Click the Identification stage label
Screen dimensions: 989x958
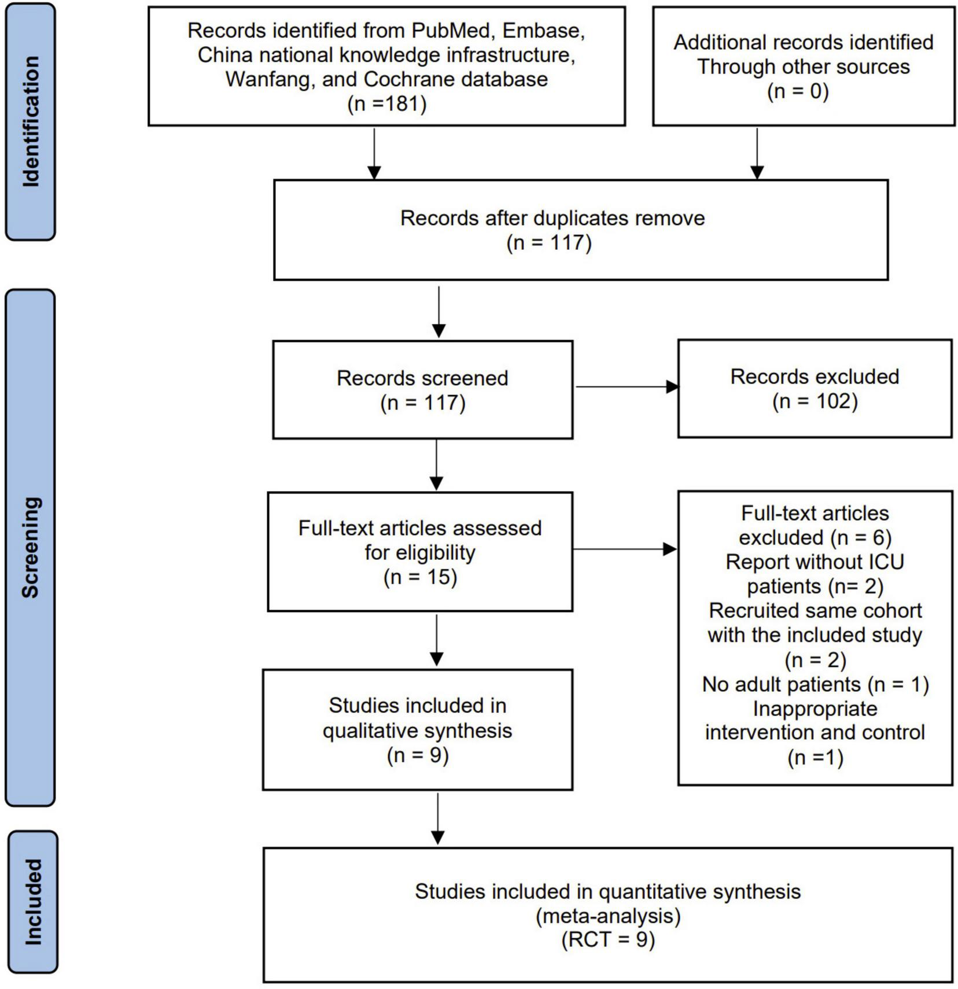pos(30,121)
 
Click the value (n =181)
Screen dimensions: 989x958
pos(386,104)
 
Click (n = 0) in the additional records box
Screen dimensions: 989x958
pos(798,91)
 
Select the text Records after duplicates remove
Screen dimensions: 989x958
pos(552,219)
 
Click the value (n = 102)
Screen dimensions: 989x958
pos(815,401)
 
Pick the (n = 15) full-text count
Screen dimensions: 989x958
pos(420,577)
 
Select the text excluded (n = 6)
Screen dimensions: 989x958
pos(815,538)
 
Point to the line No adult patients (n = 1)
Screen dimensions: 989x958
pos(815,684)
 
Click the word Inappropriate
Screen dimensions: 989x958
pos(815,708)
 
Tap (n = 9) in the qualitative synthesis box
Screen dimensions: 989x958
pos(418,755)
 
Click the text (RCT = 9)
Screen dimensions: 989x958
pos(607,940)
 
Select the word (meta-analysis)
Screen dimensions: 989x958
pos(607,916)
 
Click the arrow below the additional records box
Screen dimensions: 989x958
pos(757,153)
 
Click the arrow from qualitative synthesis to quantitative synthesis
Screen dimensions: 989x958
pos(438,818)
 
